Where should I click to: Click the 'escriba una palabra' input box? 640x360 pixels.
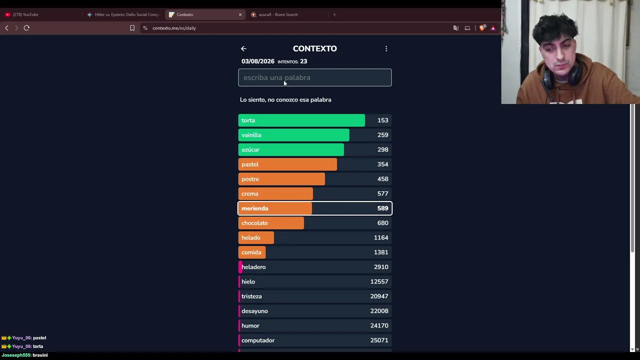tap(315, 77)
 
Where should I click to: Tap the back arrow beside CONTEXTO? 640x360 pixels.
tap(243, 49)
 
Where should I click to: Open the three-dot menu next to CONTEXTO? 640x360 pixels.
tap(386, 49)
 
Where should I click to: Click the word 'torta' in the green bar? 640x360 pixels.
tap(248, 120)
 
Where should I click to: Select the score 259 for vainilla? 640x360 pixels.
tap(383, 135)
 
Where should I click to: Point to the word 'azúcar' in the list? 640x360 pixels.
tap(250, 149)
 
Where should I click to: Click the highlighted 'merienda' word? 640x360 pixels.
tap(255, 208)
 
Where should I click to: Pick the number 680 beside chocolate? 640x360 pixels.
tap(383, 223)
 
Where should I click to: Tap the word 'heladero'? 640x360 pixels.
tap(253, 267)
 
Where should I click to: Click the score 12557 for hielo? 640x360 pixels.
tap(379, 281)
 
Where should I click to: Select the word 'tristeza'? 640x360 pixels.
tap(251, 296)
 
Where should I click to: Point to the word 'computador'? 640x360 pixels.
tap(258, 340)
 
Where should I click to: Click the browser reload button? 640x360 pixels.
tap(26, 28)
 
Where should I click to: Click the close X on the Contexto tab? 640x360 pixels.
tap(240, 14)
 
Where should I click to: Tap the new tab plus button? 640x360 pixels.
tap(334, 14)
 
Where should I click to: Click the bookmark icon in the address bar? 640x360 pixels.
tap(132, 28)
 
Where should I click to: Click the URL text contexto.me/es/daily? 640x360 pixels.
tap(174, 28)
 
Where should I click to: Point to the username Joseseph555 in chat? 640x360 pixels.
tap(16, 355)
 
